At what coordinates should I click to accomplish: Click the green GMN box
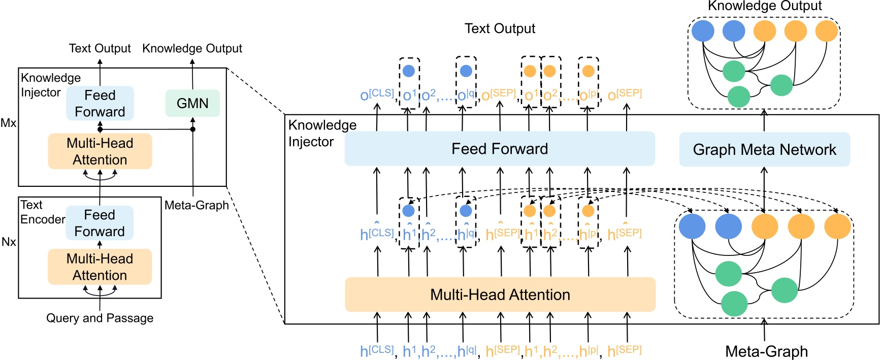pyautogui.click(x=192, y=103)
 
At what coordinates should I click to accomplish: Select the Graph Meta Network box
pyautogui.click(x=764, y=149)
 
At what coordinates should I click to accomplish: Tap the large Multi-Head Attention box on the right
pyautogui.click(x=500, y=294)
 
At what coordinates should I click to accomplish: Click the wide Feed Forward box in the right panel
pyautogui.click(x=500, y=149)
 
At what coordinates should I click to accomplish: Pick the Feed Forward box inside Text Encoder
pyautogui.click(x=100, y=223)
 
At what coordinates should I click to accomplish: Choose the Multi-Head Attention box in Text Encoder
pyautogui.click(x=100, y=267)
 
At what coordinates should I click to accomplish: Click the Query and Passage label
pyautogui.click(x=100, y=318)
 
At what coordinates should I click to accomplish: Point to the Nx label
pyautogui.click(x=9, y=242)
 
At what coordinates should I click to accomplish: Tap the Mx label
pyautogui.click(x=8, y=123)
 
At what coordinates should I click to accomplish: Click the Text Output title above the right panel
pyautogui.click(x=500, y=28)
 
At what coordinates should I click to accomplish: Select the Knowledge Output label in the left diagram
pyautogui.click(x=192, y=48)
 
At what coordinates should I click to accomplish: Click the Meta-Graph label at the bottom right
pyautogui.click(x=766, y=351)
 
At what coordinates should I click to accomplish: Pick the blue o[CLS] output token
pyautogui.click(x=376, y=95)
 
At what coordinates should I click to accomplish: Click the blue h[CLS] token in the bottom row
pyautogui.click(x=376, y=351)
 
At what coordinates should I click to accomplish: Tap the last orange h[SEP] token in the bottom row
pyautogui.click(x=624, y=351)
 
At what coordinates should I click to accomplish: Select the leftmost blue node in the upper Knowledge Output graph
pyautogui.click(x=703, y=30)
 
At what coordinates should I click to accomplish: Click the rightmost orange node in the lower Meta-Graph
pyautogui.click(x=837, y=226)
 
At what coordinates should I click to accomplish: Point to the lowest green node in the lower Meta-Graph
pyautogui.click(x=734, y=304)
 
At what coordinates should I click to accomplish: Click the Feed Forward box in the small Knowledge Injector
pyautogui.click(x=100, y=103)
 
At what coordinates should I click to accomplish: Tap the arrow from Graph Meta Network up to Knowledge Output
pyautogui.click(x=764, y=120)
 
